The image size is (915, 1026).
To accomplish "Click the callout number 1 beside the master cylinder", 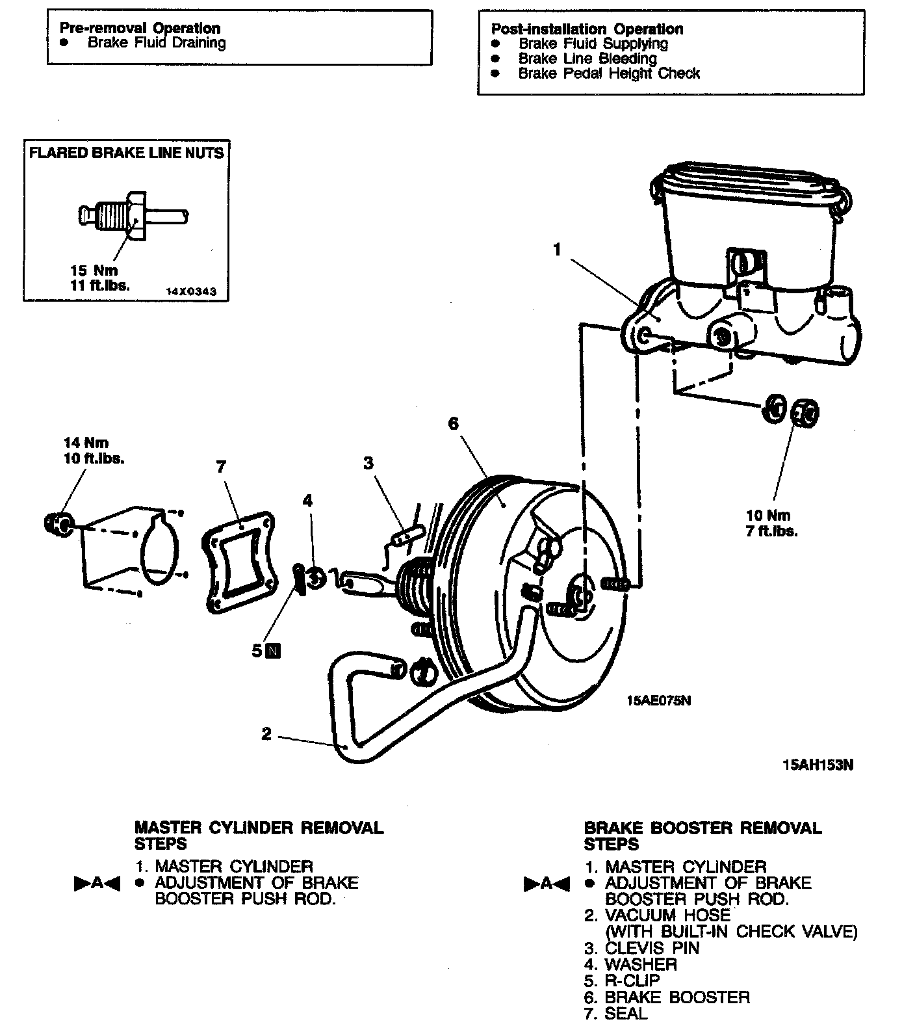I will [x=556, y=250].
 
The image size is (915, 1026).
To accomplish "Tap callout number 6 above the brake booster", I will [x=453, y=424].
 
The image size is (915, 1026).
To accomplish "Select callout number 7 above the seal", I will [x=221, y=466].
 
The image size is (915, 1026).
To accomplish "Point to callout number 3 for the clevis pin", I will [x=368, y=463].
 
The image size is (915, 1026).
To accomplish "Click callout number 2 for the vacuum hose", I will [x=266, y=733].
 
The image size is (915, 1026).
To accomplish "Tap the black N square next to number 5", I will [x=274, y=650].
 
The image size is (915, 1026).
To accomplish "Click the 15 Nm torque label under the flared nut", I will [x=94, y=270].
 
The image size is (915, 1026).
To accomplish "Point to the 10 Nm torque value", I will [x=768, y=516].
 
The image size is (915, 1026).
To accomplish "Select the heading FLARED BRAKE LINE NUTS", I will [x=126, y=153].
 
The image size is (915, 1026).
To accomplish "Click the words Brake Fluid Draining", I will [x=157, y=44].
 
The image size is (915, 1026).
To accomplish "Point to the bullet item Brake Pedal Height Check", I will [x=608, y=73].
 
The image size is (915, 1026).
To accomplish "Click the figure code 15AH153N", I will [x=818, y=765].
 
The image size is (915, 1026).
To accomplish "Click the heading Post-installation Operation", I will [x=587, y=29].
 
